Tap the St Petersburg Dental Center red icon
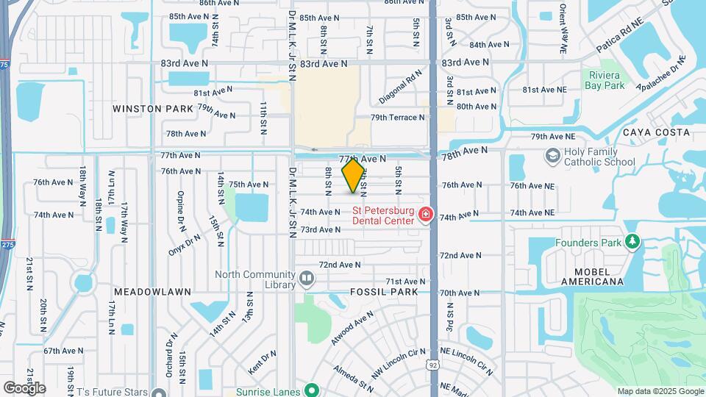[424, 215]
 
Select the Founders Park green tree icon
[632, 242]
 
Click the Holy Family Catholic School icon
[552, 156]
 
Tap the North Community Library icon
[307, 279]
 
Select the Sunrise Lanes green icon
[312, 390]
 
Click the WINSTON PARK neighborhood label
[153, 108]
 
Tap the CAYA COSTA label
[656, 132]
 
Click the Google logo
[24, 387]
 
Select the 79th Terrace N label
[398, 118]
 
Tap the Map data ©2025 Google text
[659, 391]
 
